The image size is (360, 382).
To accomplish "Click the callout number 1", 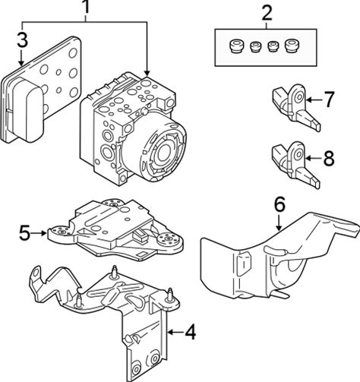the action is (x=86, y=8).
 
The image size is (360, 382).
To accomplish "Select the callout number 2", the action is (x=267, y=14).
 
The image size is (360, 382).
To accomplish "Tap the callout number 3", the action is (x=22, y=40).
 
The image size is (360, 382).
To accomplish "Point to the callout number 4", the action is (x=191, y=333).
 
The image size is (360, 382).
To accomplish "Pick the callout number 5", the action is (x=25, y=233).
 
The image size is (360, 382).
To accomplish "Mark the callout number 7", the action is (x=329, y=99).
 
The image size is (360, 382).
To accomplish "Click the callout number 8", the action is (x=329, y=159).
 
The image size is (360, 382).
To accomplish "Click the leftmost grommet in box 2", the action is (x=235, y=46).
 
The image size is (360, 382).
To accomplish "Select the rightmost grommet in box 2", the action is (x=291, y=46).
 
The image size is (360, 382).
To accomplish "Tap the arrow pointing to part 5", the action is (x=39, y=233).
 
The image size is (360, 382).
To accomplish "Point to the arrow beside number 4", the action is (x=175, y=332).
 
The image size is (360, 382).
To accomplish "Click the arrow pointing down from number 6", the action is (x=279, y=223).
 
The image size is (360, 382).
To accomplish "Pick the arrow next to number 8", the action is (x=313, y=159).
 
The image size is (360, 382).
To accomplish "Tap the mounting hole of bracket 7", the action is (x=299, y=96).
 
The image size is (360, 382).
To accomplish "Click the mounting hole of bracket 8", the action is (x=299, y=154).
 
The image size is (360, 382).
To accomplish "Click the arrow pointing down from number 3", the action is (x=21, y=58).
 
